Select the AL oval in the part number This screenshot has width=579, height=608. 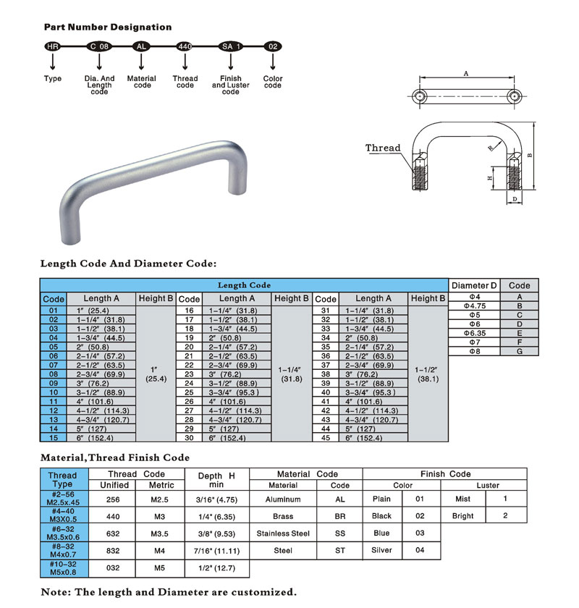(x=142, y=46)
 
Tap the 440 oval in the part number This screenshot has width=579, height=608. (x=185, y=46)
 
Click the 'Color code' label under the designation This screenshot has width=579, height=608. (x=272, y=82)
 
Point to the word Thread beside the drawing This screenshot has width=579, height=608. (x=383, y=148)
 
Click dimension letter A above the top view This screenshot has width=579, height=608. (x=467, y=74)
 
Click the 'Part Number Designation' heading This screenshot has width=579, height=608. (x=108, y=28)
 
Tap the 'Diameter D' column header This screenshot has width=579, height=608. (x=475, y=285)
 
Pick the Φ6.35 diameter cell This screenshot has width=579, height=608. (x=475, y=332)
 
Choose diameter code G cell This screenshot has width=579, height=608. (x=520, y=350)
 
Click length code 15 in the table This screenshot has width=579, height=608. (x=54, y=438)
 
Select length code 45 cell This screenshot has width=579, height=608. (x=326, y=438)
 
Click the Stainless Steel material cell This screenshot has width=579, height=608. (x=283, y=533)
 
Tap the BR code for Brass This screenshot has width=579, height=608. (x=340, y=516)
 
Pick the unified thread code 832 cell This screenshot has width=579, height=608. (x=114, y=551)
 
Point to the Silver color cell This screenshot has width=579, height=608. (x=381, y=551)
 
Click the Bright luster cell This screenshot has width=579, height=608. (x=462, y=516)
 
